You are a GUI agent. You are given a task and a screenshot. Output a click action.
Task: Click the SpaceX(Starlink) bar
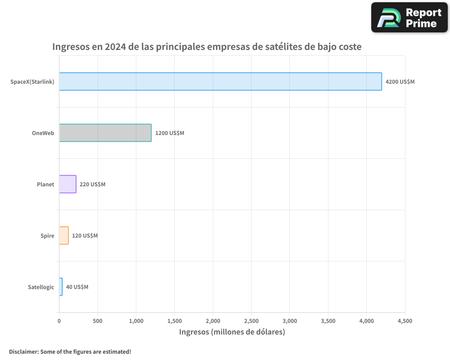[x=220, y=81]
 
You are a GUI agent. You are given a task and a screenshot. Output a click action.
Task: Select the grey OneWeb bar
[x=105, y=133]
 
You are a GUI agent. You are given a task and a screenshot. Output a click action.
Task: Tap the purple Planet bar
[x=67, y=184]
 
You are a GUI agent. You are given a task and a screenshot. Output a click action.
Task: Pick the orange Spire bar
[x=63, y=235]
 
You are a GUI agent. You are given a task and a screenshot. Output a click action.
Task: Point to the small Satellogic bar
[x=61, y=287]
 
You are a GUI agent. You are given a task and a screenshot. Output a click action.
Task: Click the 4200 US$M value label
[x=400, y=82]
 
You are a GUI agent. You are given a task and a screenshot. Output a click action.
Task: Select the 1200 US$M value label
[x=170, y=133]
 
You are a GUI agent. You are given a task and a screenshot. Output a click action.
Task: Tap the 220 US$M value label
[x=92, y=184]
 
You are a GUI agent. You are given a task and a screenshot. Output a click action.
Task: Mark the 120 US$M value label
[x=85, y=236]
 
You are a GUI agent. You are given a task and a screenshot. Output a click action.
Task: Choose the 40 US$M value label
[x=77, y=287]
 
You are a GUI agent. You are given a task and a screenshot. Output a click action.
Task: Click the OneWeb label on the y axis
[x=43, y=133]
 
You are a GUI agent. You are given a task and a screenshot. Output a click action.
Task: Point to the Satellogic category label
[x=40, y=287]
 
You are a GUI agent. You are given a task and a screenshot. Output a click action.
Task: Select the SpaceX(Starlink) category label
[x=32, y=82]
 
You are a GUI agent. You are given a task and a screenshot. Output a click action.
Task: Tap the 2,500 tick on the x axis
[x=251, y=321]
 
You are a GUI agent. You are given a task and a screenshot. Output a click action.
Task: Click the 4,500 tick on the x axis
[x=405, y=321]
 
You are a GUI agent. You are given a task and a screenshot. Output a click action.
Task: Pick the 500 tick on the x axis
[x=98, y=321]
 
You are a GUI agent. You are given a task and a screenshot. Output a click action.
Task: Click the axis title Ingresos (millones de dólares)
[x=232, y=332]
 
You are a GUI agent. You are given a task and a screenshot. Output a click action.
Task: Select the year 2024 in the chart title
[x=115, y=47]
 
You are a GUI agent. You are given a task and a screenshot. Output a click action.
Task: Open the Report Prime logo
[x=409, y=18]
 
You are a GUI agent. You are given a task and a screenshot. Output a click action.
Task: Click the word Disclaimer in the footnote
[x=23, y=351]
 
